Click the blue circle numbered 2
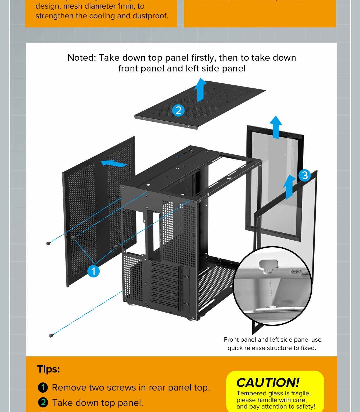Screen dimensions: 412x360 click(178, 110)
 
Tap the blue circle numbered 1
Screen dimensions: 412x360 click(93, 271)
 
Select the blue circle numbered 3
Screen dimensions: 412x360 click(305, 175)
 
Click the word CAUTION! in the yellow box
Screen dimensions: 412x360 click(268, 382)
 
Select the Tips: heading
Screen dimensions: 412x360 click(48, 369)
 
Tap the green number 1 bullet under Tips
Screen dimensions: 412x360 click(43, 388)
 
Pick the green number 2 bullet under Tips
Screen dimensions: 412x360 click(43, 403)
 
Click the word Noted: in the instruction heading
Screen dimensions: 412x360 click(81, 58)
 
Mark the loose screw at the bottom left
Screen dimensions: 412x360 click(51, 335)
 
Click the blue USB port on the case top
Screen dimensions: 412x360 click(178, 156)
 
